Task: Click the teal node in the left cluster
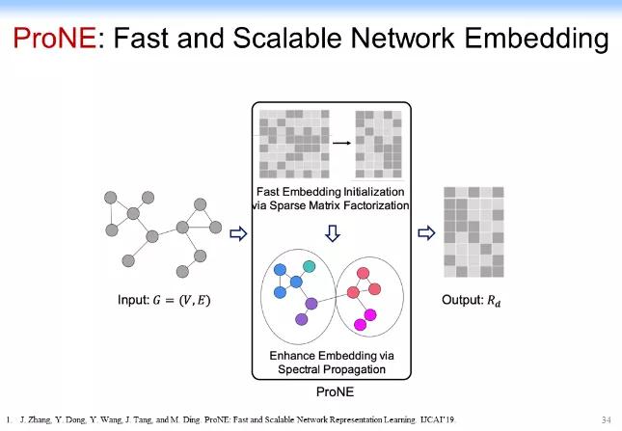(x=309, y=265)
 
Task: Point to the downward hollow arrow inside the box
(x=331, y=233)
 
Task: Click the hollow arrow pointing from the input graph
(x=240, y=232)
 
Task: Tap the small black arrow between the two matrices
(x=341, y=142)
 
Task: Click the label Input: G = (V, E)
(x=164, y=301)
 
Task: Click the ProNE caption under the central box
(x=331, y=392)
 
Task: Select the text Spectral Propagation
(x=331, y=369)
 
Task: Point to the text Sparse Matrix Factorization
(x=331, y=206)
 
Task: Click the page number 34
(x=606, y=420)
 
